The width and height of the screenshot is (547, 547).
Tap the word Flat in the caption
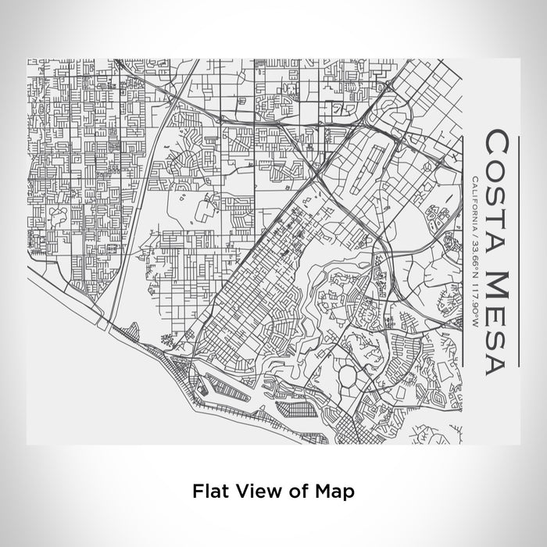tap(208, 492)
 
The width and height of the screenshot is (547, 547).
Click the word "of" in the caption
tap(295, 492)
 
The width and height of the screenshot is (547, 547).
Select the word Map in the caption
tap(334, 492)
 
